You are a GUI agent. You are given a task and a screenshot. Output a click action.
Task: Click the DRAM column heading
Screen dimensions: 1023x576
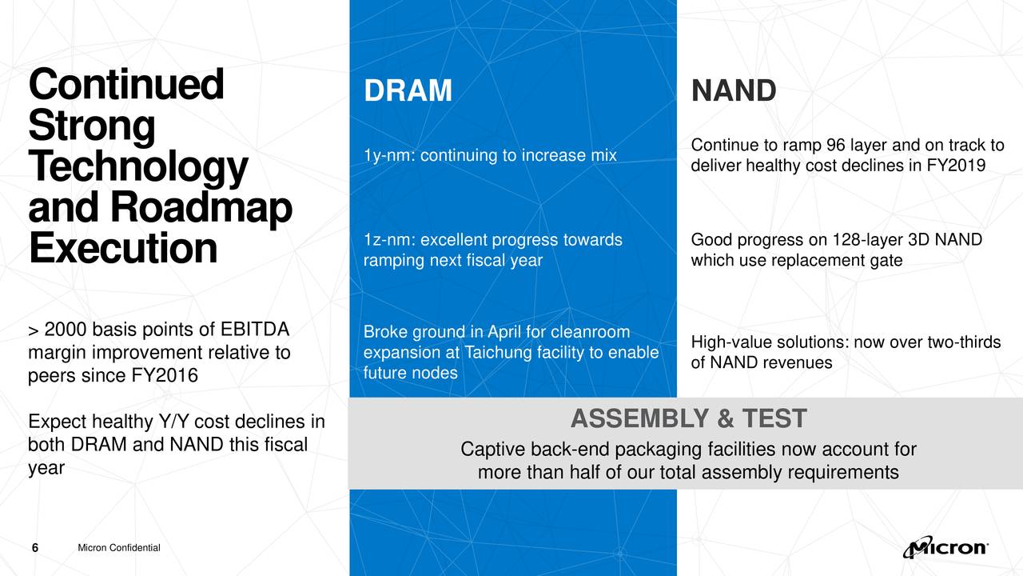(x=408, y=90)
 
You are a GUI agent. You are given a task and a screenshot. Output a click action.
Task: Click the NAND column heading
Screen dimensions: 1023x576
(x=734, y=90)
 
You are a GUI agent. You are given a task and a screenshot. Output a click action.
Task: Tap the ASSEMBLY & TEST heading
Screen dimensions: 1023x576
(x=689, y=418)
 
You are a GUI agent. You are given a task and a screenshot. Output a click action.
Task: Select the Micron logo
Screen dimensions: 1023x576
(x=945, y=546)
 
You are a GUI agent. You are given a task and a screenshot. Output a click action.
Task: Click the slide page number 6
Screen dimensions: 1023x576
(x=35, y=548)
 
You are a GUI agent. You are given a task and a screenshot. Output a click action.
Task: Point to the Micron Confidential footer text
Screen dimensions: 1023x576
(x=119, y=548)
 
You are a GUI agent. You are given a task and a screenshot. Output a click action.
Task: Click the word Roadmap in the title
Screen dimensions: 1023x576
(x=201, y=208)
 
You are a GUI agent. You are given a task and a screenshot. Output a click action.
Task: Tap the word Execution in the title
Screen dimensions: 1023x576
(x=123, y=248)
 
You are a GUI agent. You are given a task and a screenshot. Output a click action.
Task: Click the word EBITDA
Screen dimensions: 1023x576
(x=255, y=329)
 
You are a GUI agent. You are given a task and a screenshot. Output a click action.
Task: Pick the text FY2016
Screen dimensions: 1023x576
(x=165, y=375)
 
